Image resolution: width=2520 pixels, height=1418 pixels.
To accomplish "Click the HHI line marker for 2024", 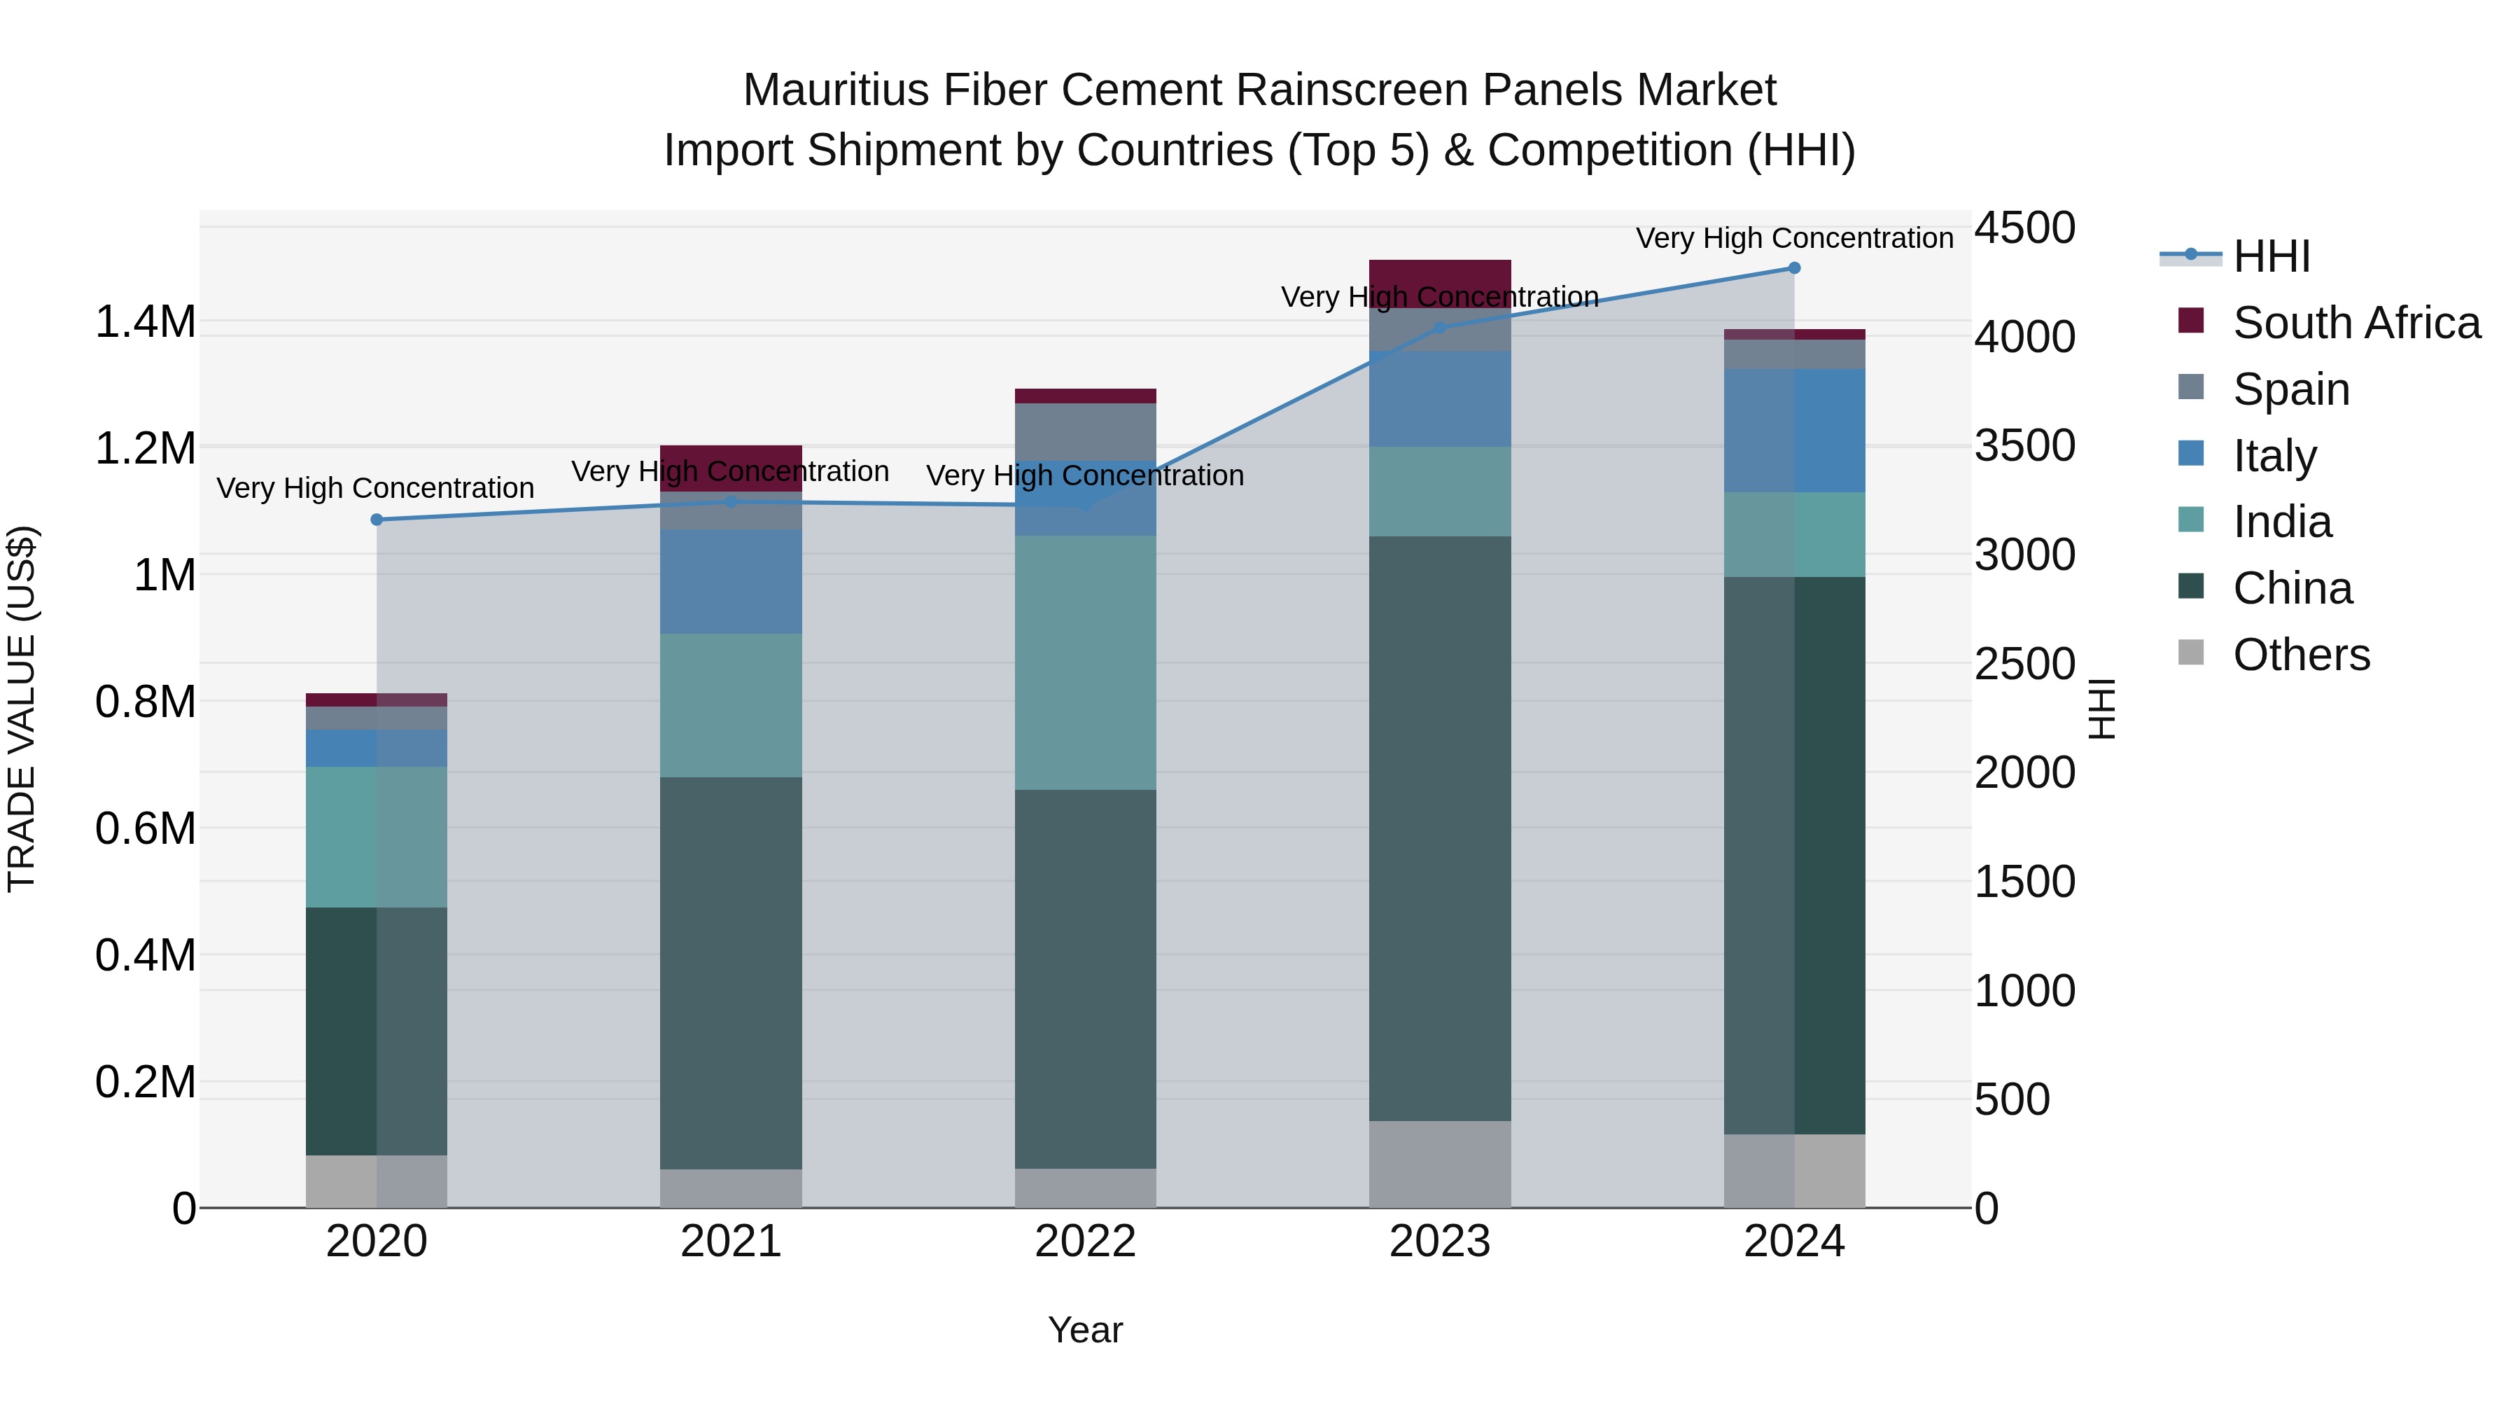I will (x=1794, y=268).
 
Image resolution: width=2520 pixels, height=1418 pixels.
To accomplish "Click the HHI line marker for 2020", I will (x=377, y=520).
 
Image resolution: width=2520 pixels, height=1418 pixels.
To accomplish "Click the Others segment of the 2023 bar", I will (x=1439, y=1164).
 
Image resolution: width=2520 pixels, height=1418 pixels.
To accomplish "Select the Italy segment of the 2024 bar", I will (x=1794, y=431).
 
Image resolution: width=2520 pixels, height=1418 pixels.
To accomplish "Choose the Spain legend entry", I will (x=2290, y=389).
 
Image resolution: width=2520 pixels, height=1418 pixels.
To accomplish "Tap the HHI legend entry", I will (x=2271, y=256).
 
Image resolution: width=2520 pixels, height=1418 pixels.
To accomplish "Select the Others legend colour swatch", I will (x=2191, y=653).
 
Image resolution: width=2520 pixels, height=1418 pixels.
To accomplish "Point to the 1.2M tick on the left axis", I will (x=145, y=449).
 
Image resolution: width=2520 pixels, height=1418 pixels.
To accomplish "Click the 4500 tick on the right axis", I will (x=2024, y=228).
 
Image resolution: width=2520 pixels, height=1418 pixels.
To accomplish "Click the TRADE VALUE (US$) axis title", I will (x=22, y=709).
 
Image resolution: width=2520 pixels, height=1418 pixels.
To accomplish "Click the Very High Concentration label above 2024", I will (x=1794, y=238).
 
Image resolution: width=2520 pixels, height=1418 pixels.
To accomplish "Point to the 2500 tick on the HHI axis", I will (x=2024, y=665).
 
